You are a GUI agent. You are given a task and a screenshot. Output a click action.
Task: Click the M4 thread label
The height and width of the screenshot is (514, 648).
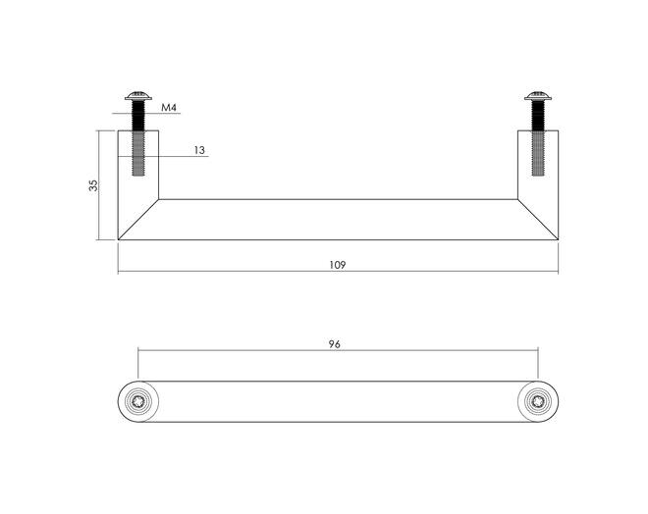pyautogui.click(x=169, y=108)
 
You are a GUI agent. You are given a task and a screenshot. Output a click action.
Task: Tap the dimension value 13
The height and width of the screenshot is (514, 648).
pyautogui.click(x=199, y=150)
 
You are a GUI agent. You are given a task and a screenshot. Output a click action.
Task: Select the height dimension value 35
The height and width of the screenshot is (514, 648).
pyautogui.click(x=94, y=185)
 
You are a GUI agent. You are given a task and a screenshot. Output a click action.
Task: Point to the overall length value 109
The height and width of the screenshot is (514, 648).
pyautogui.click(x=337, y=265)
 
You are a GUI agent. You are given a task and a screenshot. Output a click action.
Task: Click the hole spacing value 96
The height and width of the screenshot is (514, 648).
pyautogui.click(x=335, y=344)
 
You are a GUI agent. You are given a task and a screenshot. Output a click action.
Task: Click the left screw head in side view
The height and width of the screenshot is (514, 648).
pyautogui.click(x=138, y=96)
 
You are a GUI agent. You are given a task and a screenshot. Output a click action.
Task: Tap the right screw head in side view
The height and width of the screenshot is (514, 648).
pyautogui.click(x=538, y=96)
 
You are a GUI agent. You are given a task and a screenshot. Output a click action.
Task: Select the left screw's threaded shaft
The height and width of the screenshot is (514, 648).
pyautogui.click(x=138, y=138)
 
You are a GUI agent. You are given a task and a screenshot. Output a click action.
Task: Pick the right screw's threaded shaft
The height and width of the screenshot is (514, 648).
pyautogui.click(x=538, y=138)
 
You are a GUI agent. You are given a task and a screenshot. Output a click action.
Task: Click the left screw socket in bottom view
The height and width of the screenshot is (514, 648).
pyautogui.click(x=138, y=401)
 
